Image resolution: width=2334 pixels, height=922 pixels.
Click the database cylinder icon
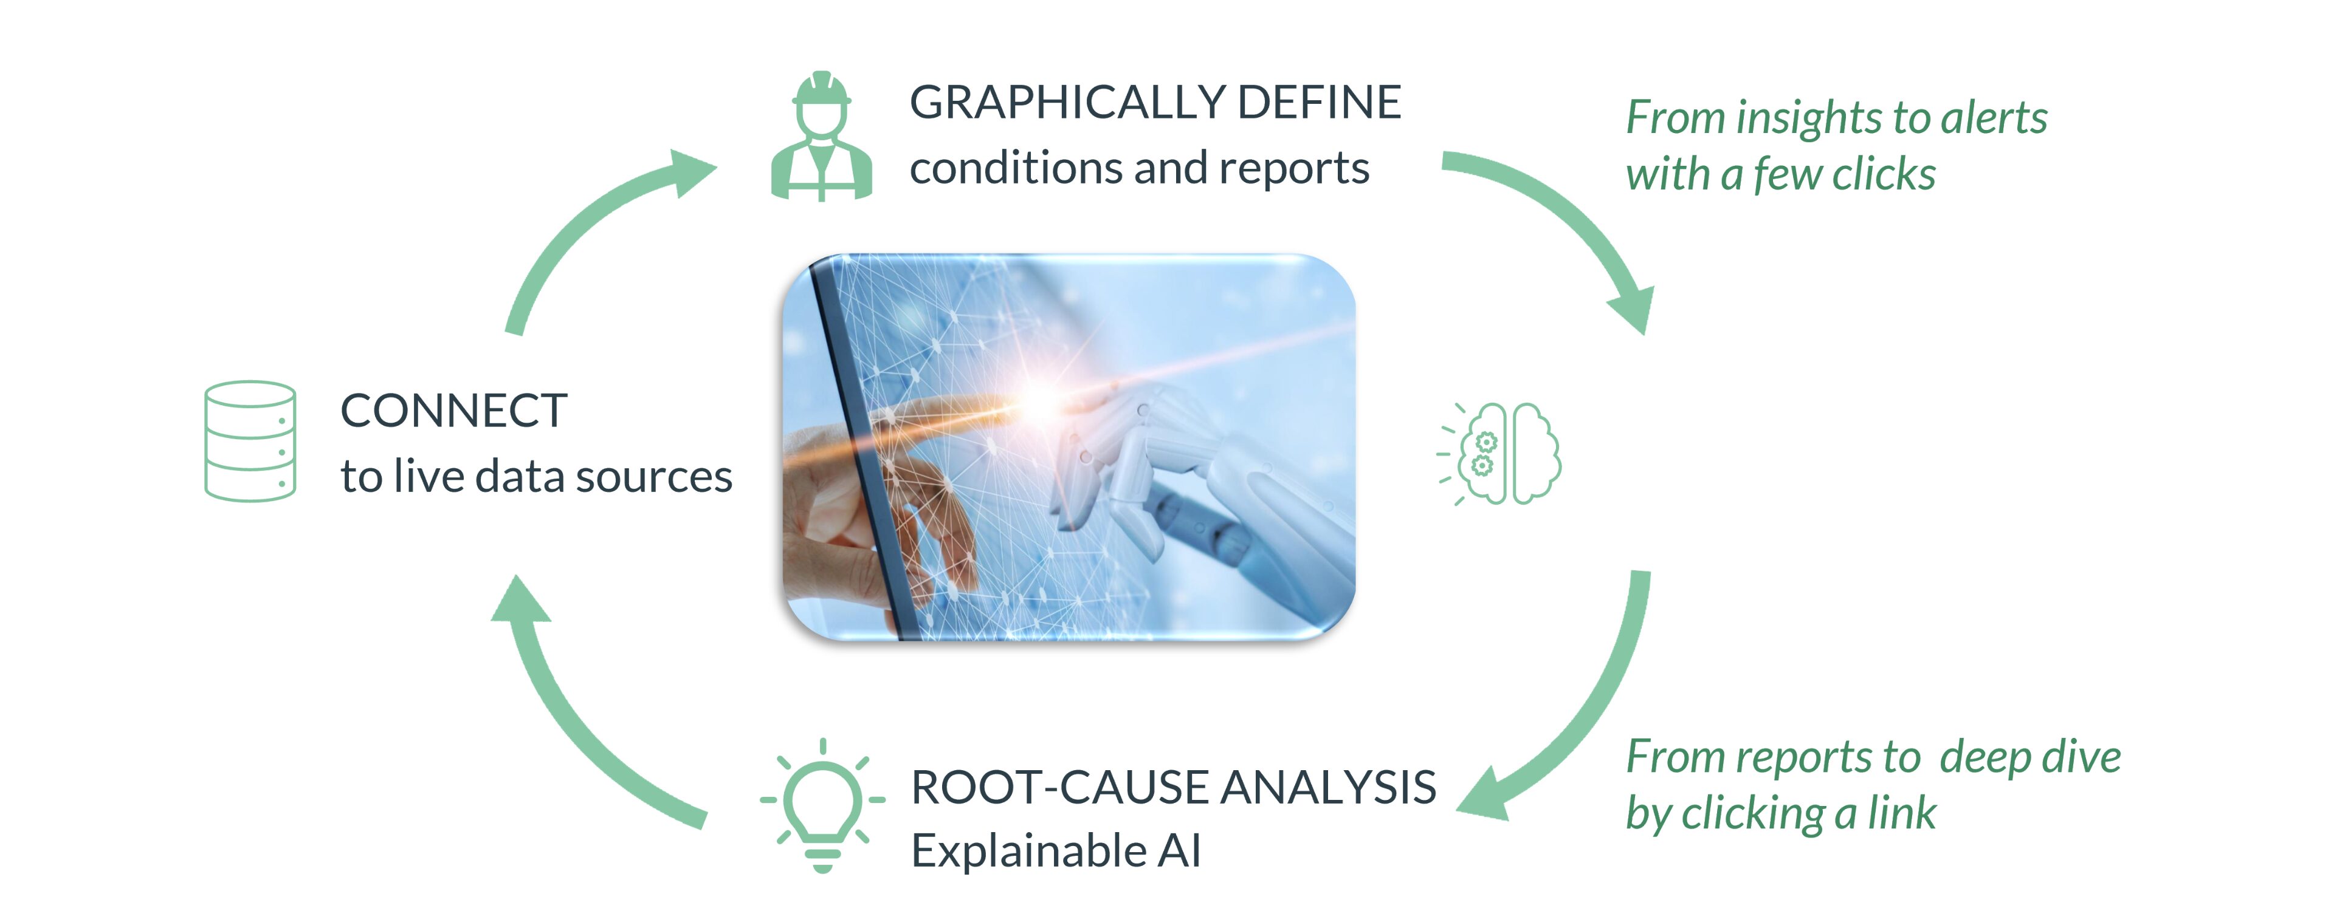249,440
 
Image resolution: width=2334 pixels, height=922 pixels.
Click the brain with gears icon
1499,453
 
